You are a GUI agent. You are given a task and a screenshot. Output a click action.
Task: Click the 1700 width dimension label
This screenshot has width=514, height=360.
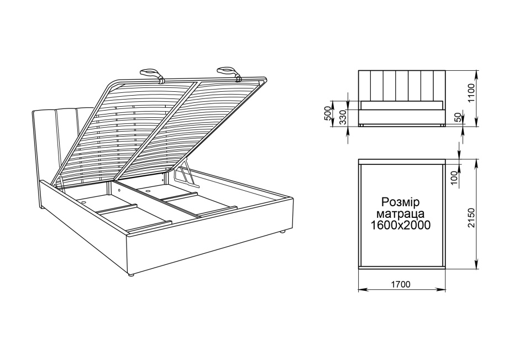401,284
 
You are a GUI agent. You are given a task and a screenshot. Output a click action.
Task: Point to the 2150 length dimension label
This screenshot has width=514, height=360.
471,218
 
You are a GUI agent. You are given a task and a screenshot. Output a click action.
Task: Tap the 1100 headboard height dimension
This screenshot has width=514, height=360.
471,93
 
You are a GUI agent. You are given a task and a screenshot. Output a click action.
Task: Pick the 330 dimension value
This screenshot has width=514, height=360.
343,117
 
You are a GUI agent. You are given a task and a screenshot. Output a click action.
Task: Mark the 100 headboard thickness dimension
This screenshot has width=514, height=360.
454,178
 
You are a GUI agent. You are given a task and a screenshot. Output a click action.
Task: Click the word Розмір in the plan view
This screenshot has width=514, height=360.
401,202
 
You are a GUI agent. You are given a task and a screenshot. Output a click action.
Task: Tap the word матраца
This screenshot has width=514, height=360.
401,214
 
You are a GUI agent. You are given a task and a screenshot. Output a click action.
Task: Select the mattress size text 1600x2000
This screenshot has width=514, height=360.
401,225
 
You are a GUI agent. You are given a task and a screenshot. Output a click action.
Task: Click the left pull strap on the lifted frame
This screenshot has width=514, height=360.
153,74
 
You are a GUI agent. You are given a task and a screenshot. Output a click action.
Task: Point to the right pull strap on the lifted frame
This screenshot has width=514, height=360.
229,73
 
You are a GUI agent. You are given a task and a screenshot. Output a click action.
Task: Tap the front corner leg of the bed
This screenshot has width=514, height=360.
131,275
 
